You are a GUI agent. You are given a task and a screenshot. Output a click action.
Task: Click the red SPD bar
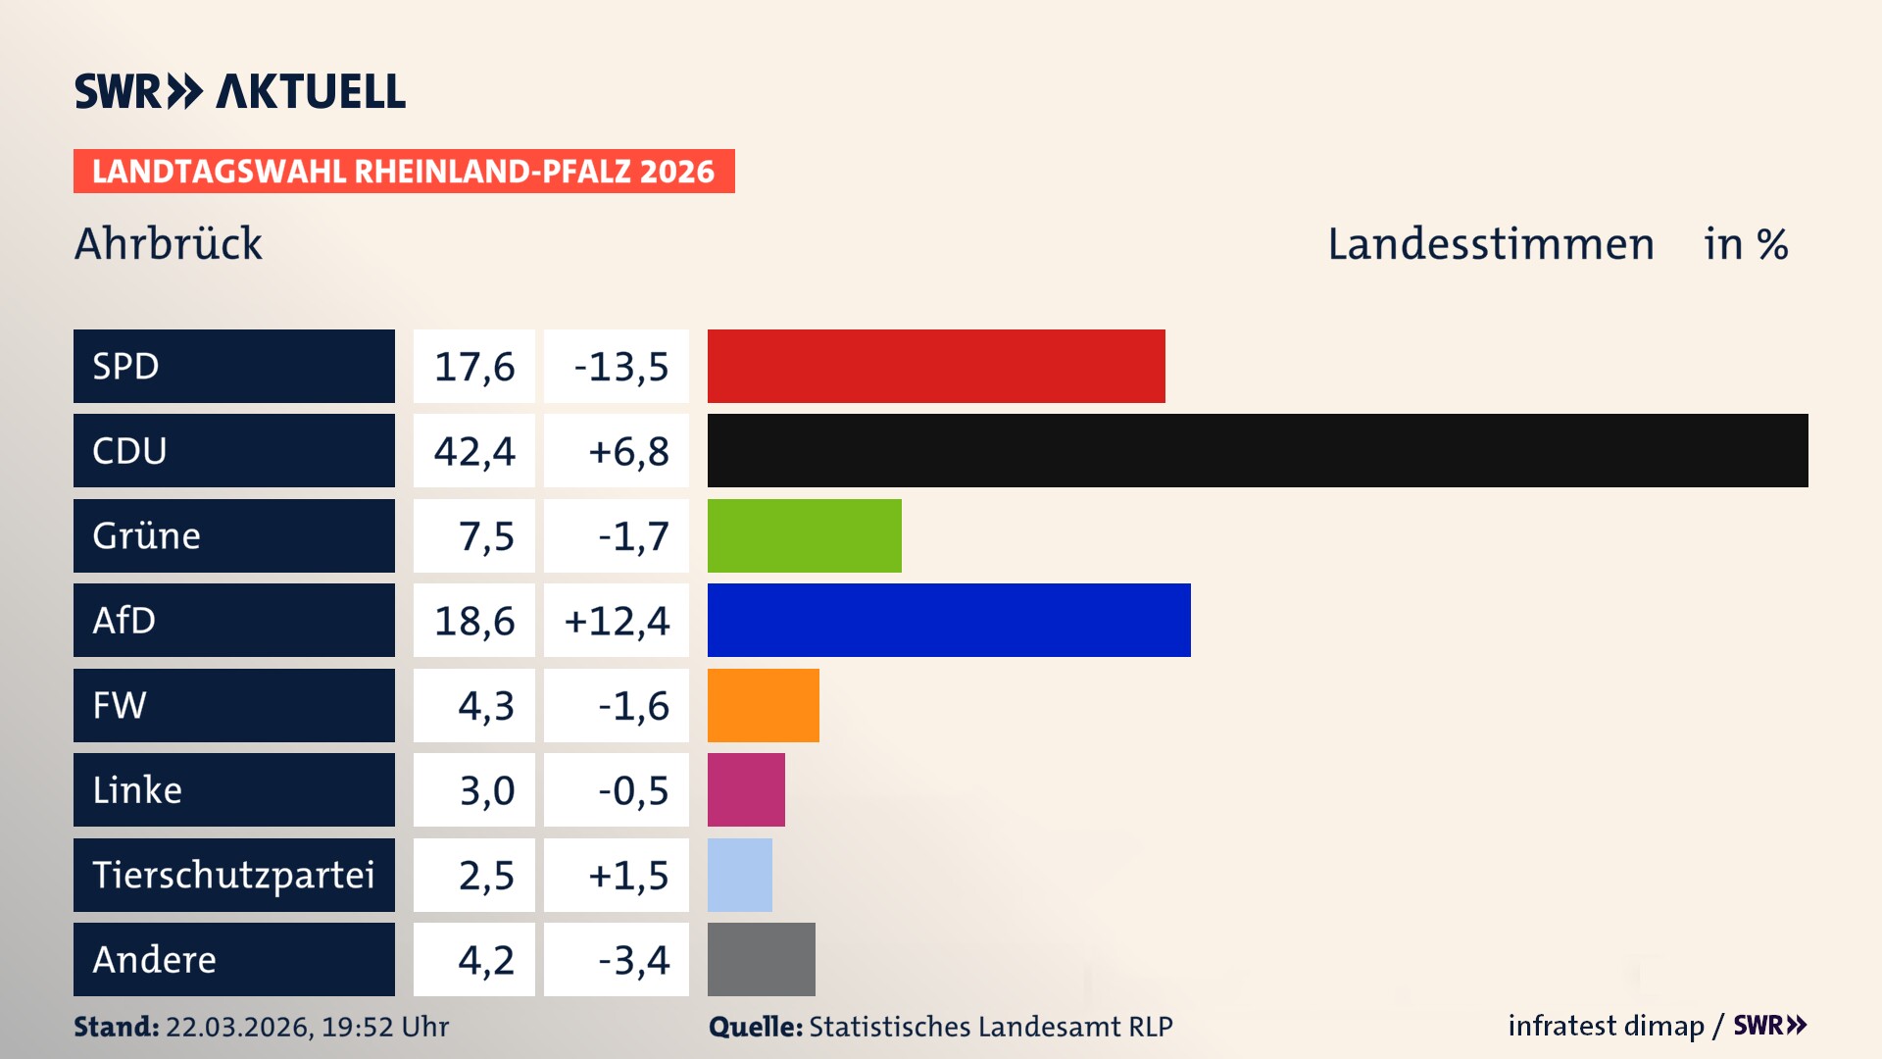[936, 366]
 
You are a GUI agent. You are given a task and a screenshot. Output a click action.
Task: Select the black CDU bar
[1258, 450]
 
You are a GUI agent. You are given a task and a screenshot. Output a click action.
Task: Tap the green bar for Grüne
[804, 535]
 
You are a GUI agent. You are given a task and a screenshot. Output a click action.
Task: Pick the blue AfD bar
[949, 620]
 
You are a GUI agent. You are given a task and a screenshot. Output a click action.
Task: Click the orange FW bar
[763, 705]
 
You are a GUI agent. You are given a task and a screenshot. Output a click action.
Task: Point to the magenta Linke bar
[746, 789]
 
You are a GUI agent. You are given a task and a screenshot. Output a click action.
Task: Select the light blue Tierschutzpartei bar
[739, 875]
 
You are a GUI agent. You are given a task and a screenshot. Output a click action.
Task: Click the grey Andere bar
[761, 959]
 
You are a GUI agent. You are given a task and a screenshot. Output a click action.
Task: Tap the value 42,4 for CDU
[474, 451]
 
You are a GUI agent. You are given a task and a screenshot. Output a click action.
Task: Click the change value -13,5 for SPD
[620, 367]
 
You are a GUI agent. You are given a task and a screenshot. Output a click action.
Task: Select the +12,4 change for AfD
[617, 621]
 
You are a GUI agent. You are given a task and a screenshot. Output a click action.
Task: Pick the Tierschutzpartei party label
[233, 875]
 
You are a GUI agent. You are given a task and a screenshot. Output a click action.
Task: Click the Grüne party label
[147, 535]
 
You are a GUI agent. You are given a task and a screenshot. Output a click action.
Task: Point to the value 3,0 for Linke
[486, 790]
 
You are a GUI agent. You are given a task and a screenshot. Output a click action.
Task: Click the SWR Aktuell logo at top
[240, 91]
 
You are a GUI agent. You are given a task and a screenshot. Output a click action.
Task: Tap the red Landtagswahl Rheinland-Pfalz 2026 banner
[404, 172]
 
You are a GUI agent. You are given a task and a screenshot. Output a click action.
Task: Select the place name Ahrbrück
[169, 243]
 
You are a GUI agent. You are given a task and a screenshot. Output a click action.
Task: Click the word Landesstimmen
[1490, 244]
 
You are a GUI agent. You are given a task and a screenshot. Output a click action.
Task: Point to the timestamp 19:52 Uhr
[384, 1027]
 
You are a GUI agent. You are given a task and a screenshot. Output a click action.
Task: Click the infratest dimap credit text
[1606, 1026]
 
